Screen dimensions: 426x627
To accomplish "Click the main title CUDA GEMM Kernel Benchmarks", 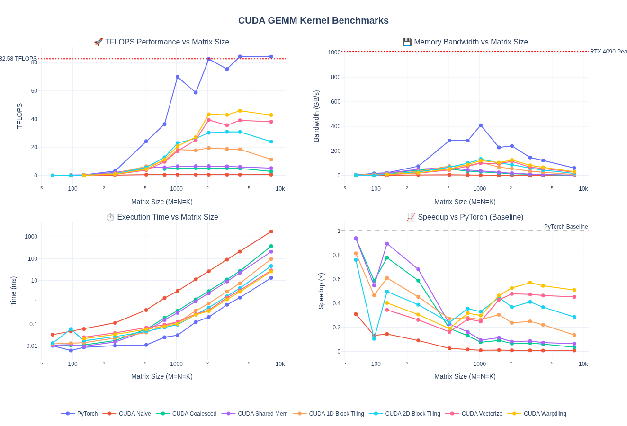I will pos(313,20).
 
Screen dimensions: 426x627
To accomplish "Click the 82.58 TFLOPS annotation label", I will pos(18,59).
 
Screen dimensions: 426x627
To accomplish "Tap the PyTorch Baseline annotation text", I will pos(565,227).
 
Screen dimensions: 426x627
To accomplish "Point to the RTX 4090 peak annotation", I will pos(608,52).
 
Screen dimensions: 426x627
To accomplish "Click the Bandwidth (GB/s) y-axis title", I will pos(316,116).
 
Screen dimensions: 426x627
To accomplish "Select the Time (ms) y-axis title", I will pos(13,291).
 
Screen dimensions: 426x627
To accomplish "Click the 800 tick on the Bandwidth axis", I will pos(336,77).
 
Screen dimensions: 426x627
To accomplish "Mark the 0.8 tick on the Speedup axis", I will pos(336,255).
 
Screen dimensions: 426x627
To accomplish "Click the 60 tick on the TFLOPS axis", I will pos(34,91).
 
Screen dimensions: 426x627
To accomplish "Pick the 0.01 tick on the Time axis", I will pos(31,346).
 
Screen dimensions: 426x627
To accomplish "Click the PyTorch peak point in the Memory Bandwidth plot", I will pos(481,125).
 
